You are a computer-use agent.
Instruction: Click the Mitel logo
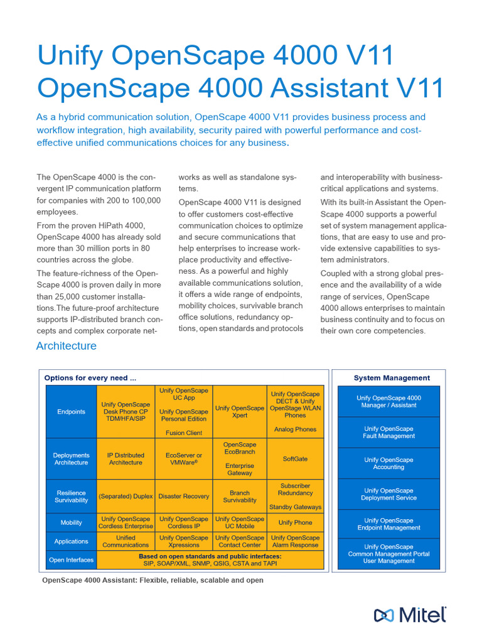point(410,615)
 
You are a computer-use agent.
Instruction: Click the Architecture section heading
point(67,346)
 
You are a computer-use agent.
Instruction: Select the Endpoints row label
point(72,412)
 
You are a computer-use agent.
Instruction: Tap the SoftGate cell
point(295,459)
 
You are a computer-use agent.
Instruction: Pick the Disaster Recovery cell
point(184,496)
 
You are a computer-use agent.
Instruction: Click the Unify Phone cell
point(295,522)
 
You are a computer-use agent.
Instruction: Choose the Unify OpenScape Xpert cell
point(240,412)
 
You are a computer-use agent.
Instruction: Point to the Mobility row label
point(72,522)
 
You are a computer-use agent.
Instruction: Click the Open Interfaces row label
point(72,560)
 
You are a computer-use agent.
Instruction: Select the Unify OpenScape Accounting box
point(388,463)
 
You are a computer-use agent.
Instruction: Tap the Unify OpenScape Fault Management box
point(388,433)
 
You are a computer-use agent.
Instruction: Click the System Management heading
point(392,378)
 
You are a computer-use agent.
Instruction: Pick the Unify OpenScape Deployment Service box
point(388,494)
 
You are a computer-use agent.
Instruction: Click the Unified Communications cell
point(126,541)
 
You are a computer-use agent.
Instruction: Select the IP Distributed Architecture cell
point(126,459)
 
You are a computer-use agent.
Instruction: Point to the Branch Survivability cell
point(240,497)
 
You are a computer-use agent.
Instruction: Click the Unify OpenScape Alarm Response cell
point(295,541)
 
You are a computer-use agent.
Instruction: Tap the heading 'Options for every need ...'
point(90,378)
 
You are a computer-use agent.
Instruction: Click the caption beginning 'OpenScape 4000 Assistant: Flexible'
point(153,580)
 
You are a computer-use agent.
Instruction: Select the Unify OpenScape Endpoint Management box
point(388,524)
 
